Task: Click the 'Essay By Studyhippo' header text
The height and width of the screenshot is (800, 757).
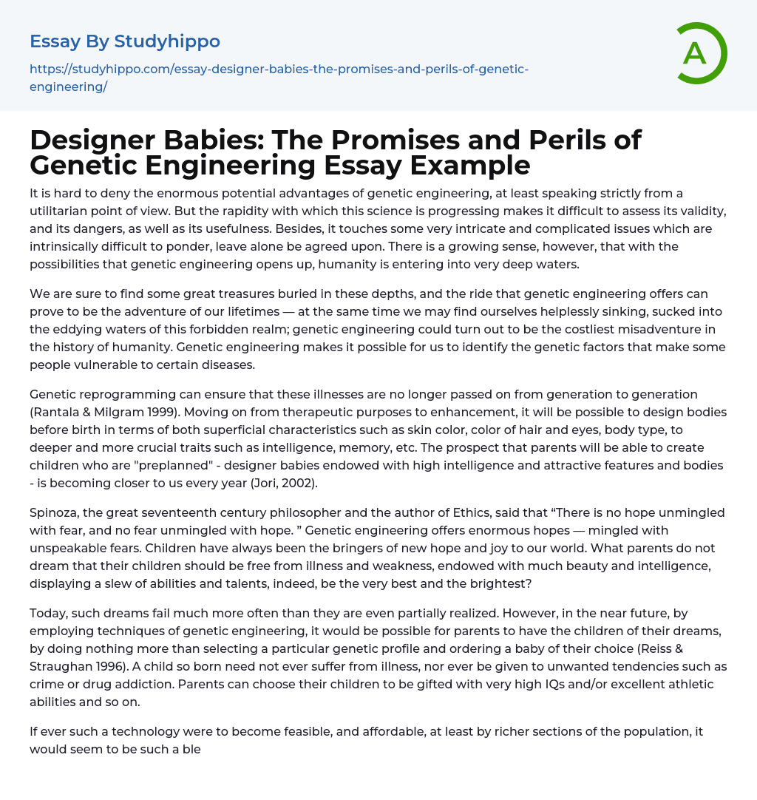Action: click(125, 41)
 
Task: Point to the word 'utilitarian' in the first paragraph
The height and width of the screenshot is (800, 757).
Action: click(61, 211)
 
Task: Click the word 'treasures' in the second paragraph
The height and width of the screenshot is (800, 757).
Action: click(211, 294)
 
